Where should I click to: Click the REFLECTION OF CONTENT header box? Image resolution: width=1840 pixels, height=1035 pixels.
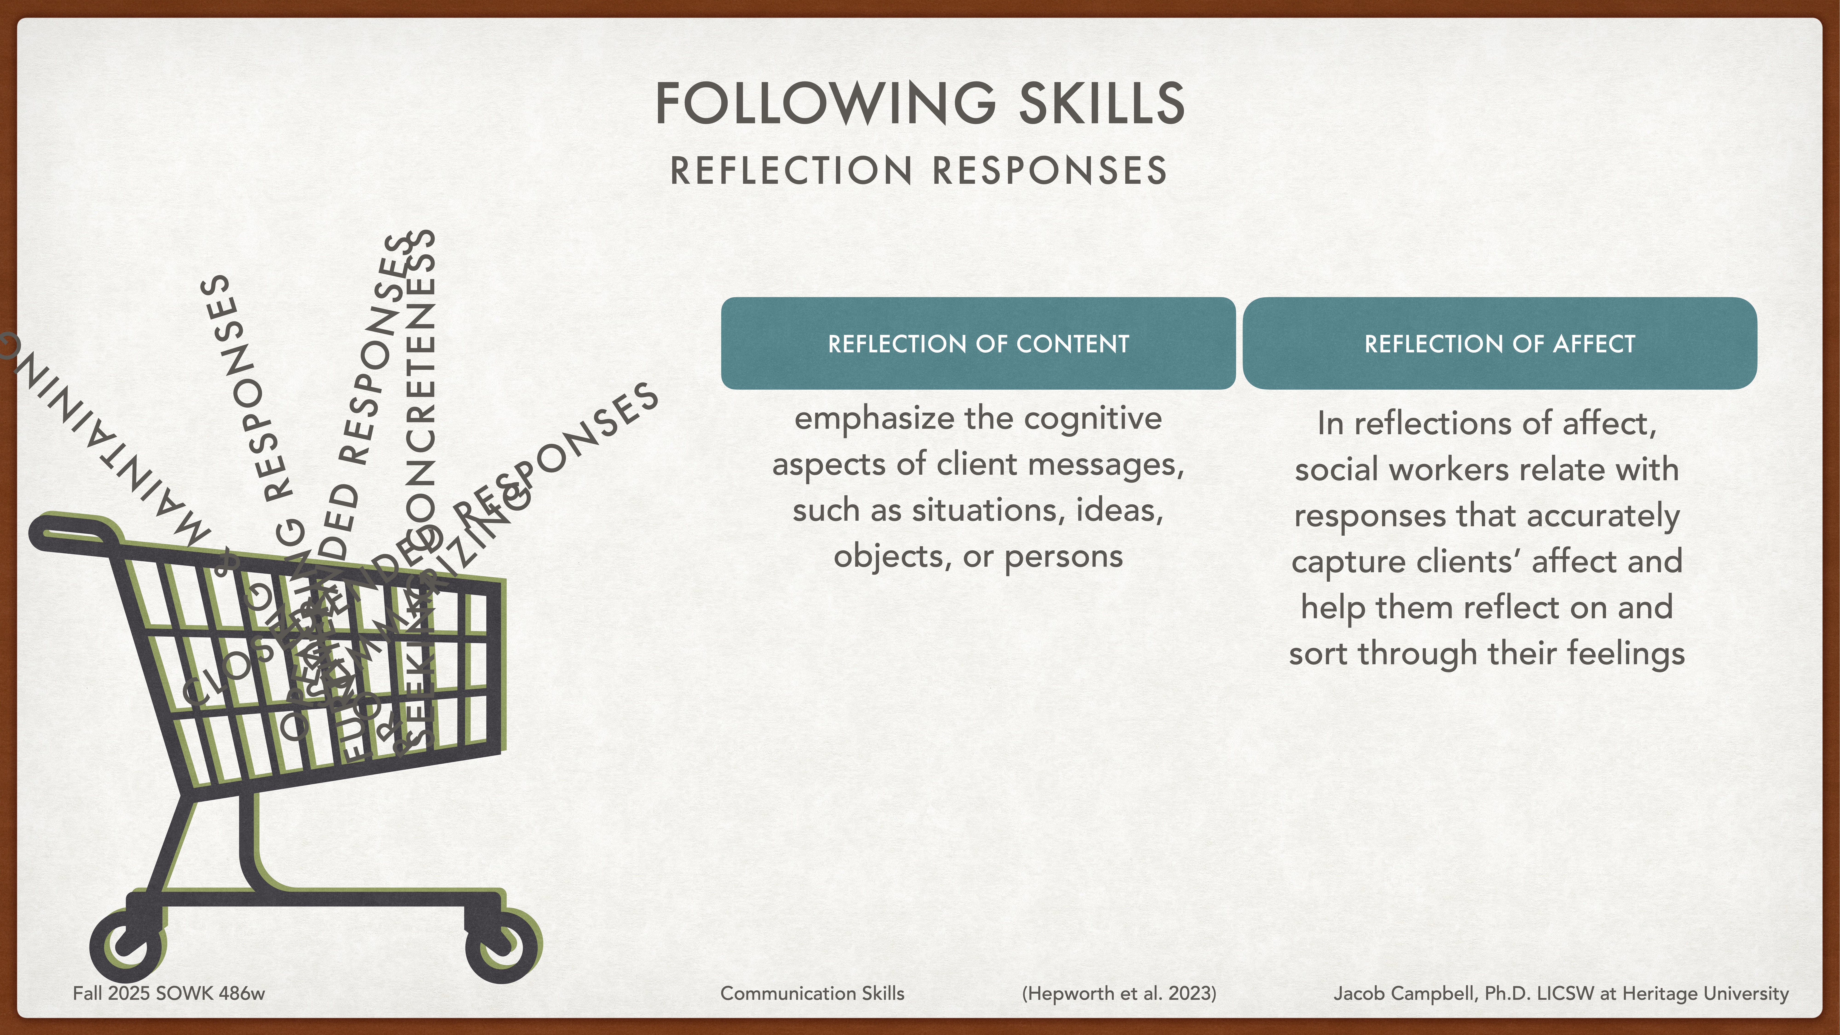click(978, 344)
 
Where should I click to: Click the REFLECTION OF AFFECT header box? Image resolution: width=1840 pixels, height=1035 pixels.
click(1499, 344)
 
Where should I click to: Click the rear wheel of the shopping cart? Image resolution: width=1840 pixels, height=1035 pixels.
click(129, 946)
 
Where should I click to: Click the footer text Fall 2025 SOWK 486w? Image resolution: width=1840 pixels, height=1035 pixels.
click(169, 994)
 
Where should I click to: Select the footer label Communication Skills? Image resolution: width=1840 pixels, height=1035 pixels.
click(812, 994)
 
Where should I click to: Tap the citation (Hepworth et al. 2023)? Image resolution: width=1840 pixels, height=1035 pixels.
click(1119, 994)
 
